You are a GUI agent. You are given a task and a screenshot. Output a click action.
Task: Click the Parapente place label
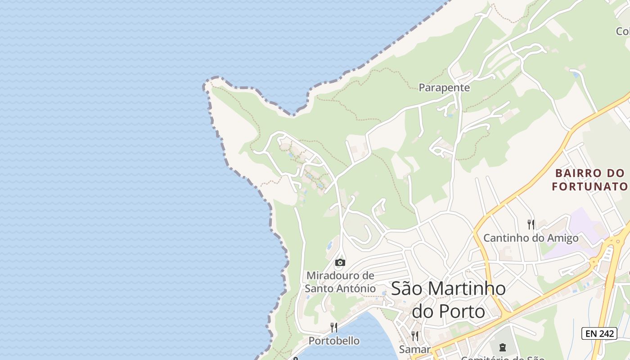(x=444, y=88)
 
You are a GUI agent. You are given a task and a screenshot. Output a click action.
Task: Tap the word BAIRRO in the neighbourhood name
(x=577, y=173)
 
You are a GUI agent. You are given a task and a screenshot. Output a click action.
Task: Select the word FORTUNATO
(x=589, y=186)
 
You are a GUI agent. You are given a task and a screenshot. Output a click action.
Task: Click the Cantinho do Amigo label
(x=531, y=238)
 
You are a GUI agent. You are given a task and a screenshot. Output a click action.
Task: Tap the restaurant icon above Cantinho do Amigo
(x=531, y=224)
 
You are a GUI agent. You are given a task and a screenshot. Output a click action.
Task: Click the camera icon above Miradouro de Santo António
(x=340, y=262)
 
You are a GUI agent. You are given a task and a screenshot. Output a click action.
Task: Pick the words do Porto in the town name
(x=448, y=311)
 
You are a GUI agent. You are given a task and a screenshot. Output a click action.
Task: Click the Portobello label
(x=334, y=341)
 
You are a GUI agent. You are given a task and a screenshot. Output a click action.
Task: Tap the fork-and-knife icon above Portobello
(x=334, y=327)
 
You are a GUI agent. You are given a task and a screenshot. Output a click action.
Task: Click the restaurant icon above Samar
(x=415, y=336)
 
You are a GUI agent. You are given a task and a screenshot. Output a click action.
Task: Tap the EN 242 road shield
(x=599, y=333)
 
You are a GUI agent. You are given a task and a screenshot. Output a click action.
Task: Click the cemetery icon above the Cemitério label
(x=502, y=347)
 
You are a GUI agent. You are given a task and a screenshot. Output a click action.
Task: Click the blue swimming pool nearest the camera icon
(x=329, y=246)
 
